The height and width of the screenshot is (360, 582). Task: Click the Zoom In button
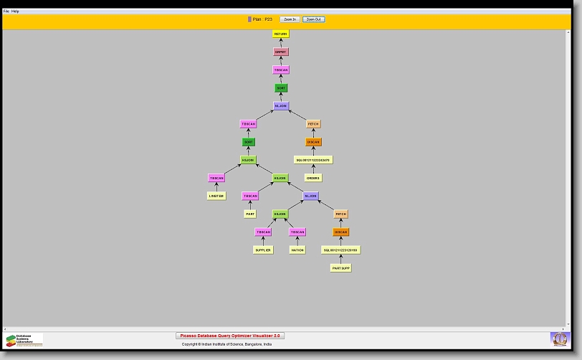pos(290,19)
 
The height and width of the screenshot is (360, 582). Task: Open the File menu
pos(6,11)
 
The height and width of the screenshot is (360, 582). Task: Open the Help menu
pos(15,11)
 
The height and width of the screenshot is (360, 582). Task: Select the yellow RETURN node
pos(281,34)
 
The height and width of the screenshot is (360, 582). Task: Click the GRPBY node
pos(281,52)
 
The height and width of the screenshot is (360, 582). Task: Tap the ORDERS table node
pos(313,178)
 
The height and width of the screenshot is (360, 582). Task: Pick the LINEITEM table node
pos(216,196)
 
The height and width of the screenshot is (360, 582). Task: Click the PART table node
pos(249,214)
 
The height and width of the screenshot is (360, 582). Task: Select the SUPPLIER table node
pos(263,250)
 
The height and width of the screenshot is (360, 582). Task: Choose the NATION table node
pos(297,250)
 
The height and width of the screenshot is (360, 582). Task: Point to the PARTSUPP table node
pos(340,268)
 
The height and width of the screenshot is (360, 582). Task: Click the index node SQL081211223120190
pos(340,250)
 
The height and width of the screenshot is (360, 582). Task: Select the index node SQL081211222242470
pos(313,160)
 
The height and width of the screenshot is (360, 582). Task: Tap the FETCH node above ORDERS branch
pos(313,124)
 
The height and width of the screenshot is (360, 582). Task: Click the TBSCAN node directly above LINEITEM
pos(216,178)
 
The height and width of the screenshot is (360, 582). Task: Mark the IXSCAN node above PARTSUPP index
pos(340,232)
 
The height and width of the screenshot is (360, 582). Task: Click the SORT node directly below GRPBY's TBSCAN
pos(281,87)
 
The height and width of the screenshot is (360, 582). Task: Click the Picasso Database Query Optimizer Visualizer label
pos(230,336)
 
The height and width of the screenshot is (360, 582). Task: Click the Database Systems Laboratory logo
pos(24,340)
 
